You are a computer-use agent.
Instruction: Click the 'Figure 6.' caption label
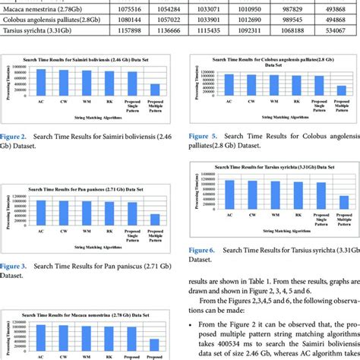[x=203, y=250]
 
